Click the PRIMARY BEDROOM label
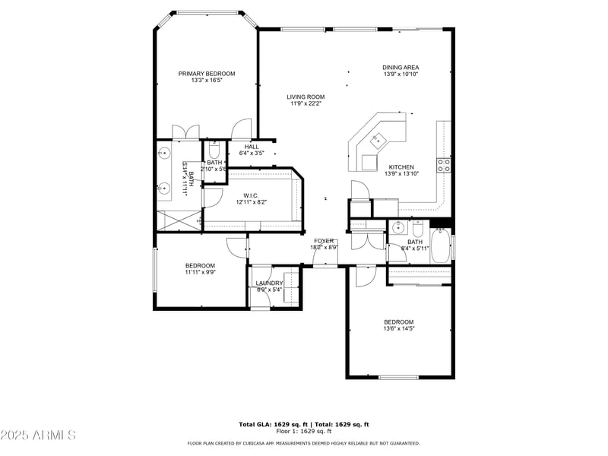click(x=207, y=74)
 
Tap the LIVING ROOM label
click(x=306, y=97)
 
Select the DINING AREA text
click(x=401, y=68)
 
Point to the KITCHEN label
click(x=401, y=167)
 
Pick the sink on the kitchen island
click(x=377, y=139)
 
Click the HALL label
click(x=252, y=147)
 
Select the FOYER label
click(x=325, y=241)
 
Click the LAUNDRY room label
click(x=269, y=283)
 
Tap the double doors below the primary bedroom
click(x=185, y=131)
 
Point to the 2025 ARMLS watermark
click(x=38, y=435)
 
